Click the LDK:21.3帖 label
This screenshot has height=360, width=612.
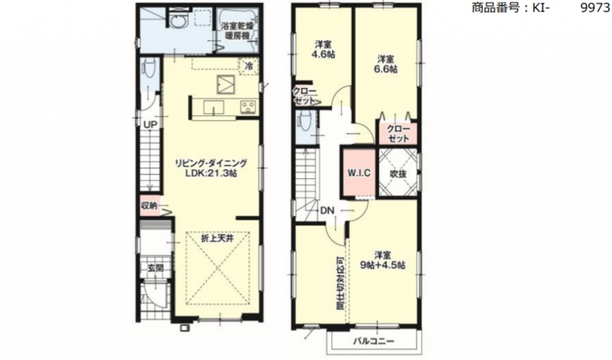[211, 173]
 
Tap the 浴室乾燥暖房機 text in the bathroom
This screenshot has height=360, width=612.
[237, 31]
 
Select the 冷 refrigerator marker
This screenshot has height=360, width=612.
[248, 66]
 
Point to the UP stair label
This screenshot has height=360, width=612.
[151, 125]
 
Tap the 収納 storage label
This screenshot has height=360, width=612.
[149, 205]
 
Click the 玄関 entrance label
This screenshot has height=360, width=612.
[155, 268]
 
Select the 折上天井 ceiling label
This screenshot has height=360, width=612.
[217, 238]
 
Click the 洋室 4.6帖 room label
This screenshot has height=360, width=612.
[323, 50]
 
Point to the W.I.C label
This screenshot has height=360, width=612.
[359, 173]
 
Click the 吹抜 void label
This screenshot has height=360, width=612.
[398, 174]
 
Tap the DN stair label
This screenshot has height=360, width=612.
[327, 211]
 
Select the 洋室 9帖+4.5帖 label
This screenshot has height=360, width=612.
[382, 260]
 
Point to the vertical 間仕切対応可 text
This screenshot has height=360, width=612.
[340, 283]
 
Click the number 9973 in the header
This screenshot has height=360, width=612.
[595, 7]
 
